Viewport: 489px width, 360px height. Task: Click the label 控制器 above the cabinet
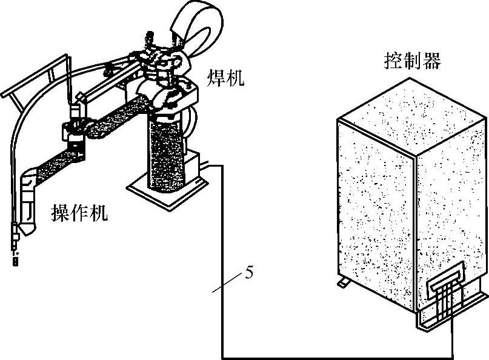tap(412, 61)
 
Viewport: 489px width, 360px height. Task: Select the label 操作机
tap(79, 212)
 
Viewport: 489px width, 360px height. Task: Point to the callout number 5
tap(248, 272)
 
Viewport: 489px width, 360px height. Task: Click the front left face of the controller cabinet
tap(376, 212)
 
